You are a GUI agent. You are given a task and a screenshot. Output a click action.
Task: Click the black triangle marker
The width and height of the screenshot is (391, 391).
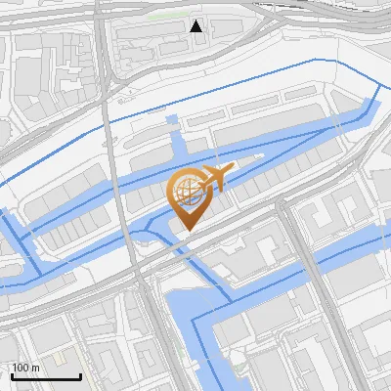coord(196,26)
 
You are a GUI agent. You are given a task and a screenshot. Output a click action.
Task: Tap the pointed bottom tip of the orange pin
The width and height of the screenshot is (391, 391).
coord(188,231)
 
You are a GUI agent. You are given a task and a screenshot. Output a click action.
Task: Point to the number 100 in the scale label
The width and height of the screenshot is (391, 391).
coord(20,368)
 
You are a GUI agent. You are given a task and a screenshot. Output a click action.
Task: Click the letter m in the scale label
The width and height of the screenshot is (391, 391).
coord(35,368)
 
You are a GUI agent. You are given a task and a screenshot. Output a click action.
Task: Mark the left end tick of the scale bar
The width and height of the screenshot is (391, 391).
coord(12,375)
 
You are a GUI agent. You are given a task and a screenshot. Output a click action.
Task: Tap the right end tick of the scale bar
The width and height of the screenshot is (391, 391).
coord(80,375)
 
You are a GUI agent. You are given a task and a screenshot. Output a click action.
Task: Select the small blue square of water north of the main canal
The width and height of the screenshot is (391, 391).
coord(172,120)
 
